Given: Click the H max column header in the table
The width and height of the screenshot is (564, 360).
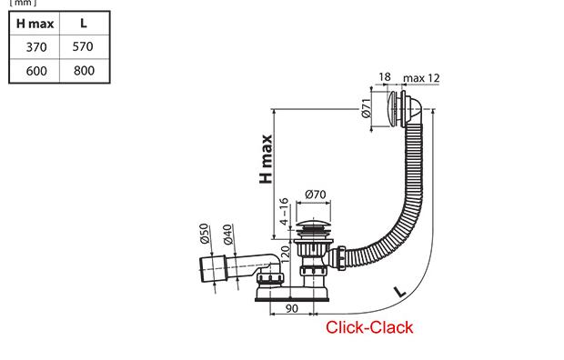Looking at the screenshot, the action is point(35,24).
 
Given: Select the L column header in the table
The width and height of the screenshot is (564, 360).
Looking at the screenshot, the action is point(84,24).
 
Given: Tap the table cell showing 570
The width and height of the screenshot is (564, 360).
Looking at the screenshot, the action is point(83,46).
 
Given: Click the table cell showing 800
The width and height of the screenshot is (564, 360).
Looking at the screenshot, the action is point(84,71).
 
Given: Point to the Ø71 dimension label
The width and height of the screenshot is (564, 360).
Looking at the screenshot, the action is point(367,108).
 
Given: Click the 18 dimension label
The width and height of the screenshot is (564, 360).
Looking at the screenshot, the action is point(385,77).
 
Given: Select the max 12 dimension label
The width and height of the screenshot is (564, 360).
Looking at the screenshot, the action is point(421,78).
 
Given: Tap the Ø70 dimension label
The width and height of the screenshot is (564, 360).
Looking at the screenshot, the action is point(316,195).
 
